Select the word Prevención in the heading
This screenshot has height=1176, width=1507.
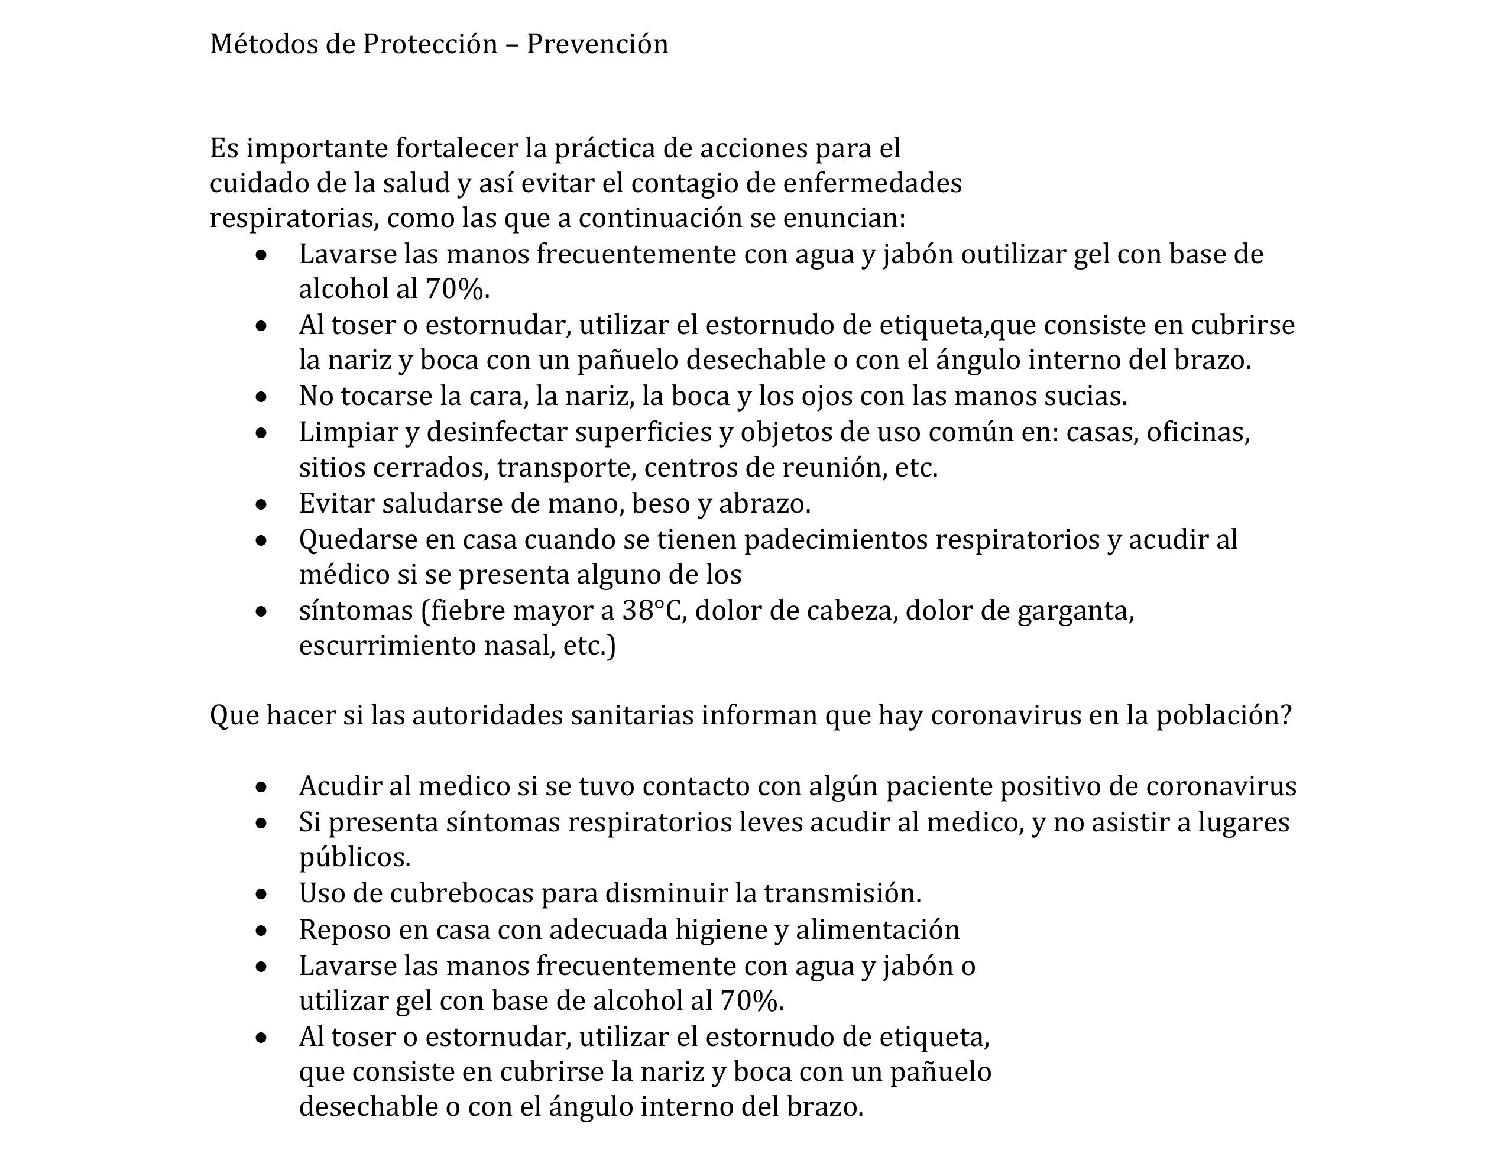(598, 44)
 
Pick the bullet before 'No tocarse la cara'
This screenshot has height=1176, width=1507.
(261, 397)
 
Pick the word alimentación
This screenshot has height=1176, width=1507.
(878, 930)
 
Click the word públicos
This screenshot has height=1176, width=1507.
(355, 858)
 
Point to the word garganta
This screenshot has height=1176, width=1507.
(1076, 611)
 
